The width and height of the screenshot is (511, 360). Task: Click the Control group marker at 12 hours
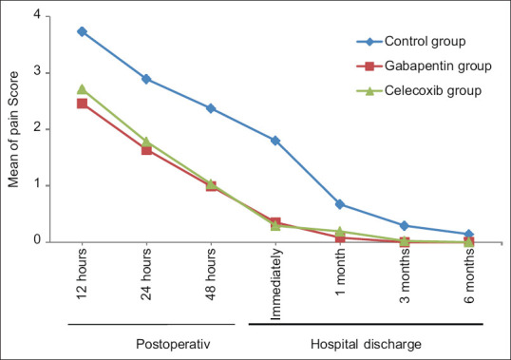[82, 31]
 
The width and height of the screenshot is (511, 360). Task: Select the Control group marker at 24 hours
[146, 79]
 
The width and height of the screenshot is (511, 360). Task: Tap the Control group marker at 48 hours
[211, 108]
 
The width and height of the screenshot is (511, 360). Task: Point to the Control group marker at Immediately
[275, 141]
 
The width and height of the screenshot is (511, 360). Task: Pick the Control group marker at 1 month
[339, 204]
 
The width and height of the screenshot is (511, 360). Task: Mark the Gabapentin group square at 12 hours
[82, 104]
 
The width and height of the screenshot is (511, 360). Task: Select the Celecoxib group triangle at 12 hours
[82, 89]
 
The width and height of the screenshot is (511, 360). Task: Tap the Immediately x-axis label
[276, 282]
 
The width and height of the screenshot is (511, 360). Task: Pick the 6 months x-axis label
[469, 276]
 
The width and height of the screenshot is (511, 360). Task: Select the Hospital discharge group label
[366, 340]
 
